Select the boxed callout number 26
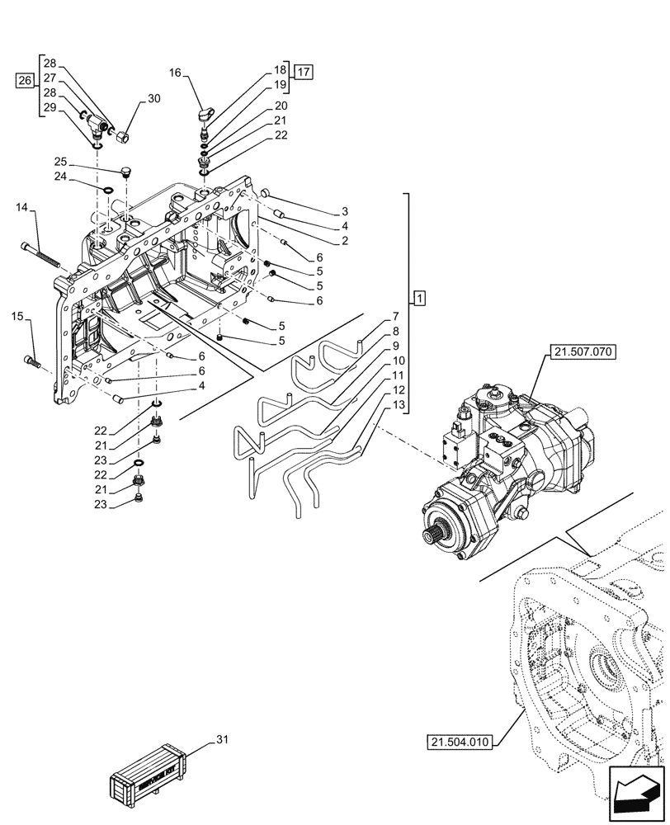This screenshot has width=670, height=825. [x=26, y=80]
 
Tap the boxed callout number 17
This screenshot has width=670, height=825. [x=304, y=73]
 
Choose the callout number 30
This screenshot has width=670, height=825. [x=153, y=98]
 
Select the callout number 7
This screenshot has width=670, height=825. [x=397, y=316]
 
